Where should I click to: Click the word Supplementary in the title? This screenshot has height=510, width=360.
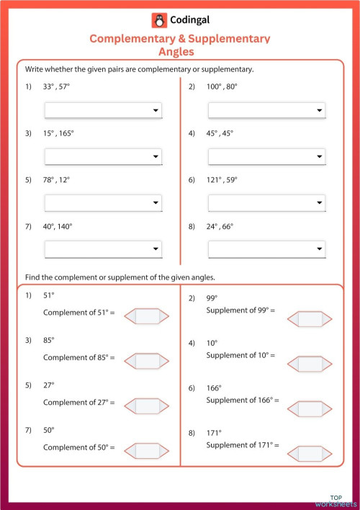click(228, 38)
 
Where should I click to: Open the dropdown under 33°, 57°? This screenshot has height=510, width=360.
click(103, 110)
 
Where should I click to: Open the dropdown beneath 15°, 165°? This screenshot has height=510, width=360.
click(103, 157)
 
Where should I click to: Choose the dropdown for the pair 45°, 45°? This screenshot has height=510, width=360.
click(266, 157)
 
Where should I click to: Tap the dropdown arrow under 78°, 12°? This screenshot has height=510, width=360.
click(156, 204)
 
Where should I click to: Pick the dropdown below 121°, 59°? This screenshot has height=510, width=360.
click(266, 204)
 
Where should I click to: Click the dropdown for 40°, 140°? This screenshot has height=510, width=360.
click(103, 249)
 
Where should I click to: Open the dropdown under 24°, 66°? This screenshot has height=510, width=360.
click(266, 249)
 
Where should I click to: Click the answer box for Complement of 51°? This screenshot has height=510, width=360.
click(147, 316)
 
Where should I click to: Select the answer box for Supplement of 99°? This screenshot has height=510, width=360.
click(310, 318)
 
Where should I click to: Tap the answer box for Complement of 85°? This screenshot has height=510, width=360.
click(147, 360)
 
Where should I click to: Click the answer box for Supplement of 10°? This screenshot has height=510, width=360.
click(310, 363)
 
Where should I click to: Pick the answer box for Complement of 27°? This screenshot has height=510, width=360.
click(147, 406)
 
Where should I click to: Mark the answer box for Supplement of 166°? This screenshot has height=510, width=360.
click(310, 408)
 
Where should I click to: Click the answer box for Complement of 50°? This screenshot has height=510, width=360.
click(147, 451)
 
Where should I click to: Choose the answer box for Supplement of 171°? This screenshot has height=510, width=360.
click(310, 454)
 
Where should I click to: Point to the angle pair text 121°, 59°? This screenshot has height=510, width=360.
click(222, 180)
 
